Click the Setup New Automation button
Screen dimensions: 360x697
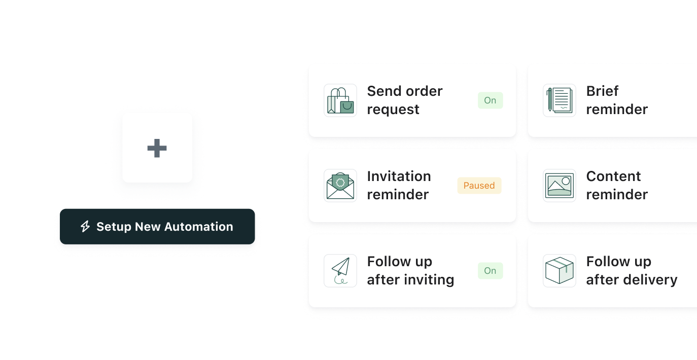click(x=157, y=227)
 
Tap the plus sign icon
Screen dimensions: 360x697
click(x=157, y=148)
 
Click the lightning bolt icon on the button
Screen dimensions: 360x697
click(x=85, y=227)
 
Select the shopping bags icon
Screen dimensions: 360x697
click(x=340, y=100)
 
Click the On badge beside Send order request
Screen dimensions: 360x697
click(x=490, y=100)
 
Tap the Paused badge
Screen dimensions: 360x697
click(x=479, y=186)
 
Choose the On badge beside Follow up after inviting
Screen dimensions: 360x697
click(x=490, y=271)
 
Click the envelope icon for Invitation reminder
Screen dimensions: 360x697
click(x=340, y=186)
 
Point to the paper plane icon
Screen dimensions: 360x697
click(x=340, y=271)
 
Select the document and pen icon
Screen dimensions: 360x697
click(x=559, y=100)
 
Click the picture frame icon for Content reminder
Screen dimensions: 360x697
click(x=559, y=186)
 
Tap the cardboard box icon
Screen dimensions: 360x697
click(x=559, y=271)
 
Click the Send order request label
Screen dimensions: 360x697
click(x=405, y=100)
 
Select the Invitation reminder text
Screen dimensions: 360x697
click(x=399, y=186)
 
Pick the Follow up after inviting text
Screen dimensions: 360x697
click(x=410, y=271)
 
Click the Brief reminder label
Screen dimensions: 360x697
click(x=617, y=100)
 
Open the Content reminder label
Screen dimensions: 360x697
click(x=617, y=186)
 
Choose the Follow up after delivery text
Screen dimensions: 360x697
click(x=632, y=271)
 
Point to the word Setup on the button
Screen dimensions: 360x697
click(x=114, y=227)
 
